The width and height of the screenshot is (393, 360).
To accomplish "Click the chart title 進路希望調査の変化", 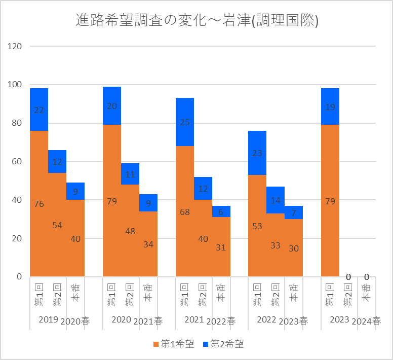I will click(x=196, y=21).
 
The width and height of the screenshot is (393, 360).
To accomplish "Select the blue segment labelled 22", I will click(x=39, y=110).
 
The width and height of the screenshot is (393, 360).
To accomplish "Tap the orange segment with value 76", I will click(x=39, y=204).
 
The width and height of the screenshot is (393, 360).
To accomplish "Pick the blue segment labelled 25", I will click(x=185, y=122).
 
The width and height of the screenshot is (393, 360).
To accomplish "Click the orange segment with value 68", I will click(x=185, y=211).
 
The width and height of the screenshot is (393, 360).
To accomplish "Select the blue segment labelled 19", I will click(x=330, y=106).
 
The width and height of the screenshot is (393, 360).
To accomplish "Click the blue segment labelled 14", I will click(x=276, y=200).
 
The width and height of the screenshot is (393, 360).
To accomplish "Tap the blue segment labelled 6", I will click(x=221, y=211).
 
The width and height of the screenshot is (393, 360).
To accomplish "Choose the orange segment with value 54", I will click(x=57, y=225).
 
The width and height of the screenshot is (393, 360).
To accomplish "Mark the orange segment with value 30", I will click(x=294, y=248).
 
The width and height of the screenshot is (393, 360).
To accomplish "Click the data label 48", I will click(x=130, y=231).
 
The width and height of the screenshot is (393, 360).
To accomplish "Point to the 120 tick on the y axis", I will click(x=15, y=46).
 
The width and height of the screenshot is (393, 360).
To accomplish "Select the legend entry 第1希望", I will click(x=173, y=344).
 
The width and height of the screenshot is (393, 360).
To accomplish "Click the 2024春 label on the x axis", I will click(x=366, y=321).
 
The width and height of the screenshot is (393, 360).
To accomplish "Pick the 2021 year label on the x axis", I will click(x=194, y=319).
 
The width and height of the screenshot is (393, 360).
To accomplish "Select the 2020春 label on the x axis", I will click(x=75, y=321).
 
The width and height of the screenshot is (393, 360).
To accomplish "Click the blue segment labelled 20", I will click(x=112, y=105).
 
